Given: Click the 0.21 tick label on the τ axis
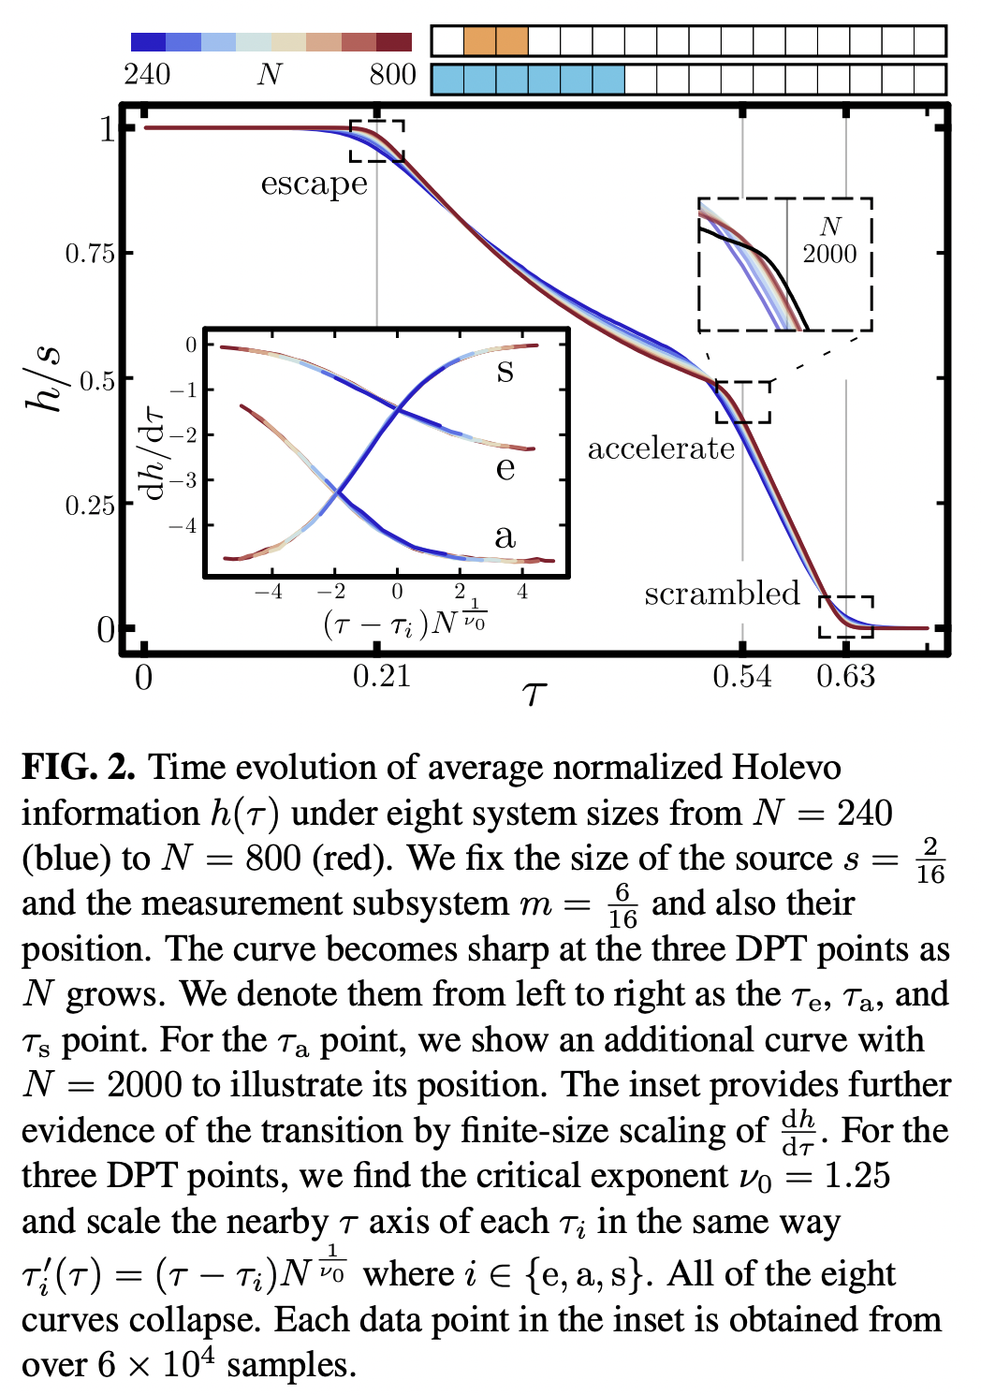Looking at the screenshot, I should coord(381,676).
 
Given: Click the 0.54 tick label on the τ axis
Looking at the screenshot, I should coord(741,676).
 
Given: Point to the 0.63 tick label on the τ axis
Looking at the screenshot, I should coord(845,676).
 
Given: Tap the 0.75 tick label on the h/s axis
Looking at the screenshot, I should coord(89,254).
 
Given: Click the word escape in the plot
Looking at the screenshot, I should coord(314,184).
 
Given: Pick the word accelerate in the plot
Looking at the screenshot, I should coord(661,448).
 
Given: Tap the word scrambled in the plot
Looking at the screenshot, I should coord(722,594).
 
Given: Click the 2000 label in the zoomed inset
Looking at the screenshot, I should coord(829,254).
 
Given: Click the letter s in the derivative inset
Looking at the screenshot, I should coord(505,371).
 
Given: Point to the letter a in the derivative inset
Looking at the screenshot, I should coord(505,536).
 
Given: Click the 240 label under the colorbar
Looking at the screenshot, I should coord(147,75).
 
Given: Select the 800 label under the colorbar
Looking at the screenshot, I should coord(392,75).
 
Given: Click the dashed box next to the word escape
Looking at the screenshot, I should coord(376,140).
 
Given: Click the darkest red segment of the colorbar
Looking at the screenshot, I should coord(394,42).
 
